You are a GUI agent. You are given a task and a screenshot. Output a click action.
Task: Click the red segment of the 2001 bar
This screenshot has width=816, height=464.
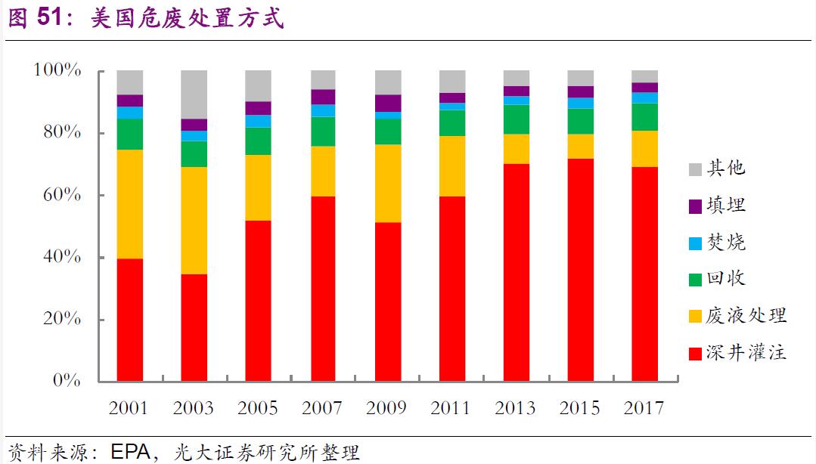[x=129, y=319]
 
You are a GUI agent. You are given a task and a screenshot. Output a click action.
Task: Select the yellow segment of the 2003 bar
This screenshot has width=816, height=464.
[x=194, y=220]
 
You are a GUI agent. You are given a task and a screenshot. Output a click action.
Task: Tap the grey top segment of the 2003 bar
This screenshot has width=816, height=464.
[x=194, y=94]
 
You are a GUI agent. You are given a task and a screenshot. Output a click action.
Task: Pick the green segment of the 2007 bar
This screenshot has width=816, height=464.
[x=323, y=131]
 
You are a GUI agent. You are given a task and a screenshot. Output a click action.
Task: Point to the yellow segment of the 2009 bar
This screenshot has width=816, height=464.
[x=387, y=183]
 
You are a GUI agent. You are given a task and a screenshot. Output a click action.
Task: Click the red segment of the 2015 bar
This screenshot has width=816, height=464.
[x=581, y=269]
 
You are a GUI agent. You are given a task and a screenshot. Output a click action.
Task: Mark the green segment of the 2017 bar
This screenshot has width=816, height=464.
[x=645, y=116]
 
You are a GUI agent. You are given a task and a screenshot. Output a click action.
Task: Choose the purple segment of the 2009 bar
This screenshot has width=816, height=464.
[x=387, y=103]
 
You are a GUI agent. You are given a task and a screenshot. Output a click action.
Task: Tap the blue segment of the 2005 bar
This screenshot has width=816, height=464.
[x=258, y=121]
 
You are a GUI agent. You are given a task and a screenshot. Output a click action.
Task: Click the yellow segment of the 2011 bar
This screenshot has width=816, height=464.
[x=452, y=165]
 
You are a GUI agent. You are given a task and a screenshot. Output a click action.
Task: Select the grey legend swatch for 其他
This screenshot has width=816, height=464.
[x=694, y=169]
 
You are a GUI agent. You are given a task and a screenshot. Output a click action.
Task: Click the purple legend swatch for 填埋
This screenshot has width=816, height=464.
[x=694, y=206]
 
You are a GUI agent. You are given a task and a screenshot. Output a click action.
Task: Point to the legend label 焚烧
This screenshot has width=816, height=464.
[x=726, y=242]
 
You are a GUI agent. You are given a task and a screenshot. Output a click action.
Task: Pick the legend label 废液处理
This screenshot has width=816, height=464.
[x=746, y=315]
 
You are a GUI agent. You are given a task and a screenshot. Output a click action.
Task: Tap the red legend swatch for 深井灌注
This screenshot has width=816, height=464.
[x=694, y=352]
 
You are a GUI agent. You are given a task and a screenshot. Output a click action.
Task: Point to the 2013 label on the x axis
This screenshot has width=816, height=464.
[x=516, y=408]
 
